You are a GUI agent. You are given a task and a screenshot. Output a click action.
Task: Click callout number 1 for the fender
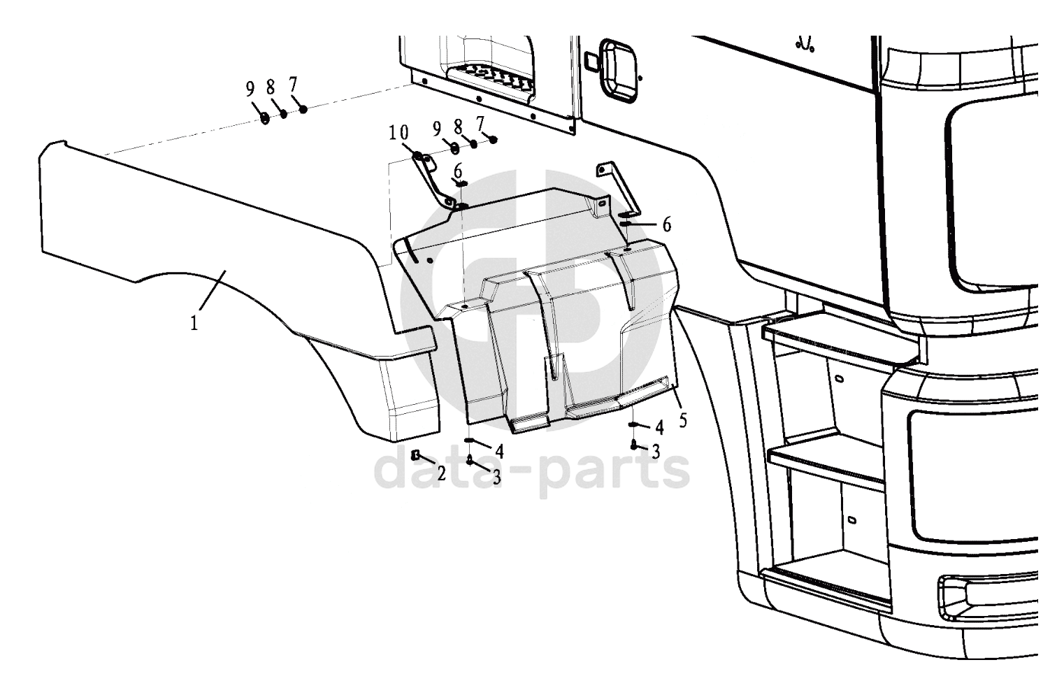coord(194,324)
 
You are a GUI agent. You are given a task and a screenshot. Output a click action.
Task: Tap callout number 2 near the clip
coord(441,473)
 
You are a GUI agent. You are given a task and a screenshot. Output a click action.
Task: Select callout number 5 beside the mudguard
coord(683,420)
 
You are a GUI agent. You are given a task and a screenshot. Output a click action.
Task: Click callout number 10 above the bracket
coord(398,134)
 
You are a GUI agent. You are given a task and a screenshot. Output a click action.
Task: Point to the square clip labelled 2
coord(415,455)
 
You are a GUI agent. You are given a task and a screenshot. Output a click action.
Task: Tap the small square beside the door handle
coord(591,62)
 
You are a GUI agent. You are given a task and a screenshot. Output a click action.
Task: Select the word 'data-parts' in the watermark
coord(532,471)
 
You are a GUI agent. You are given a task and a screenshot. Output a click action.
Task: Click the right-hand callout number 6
coord(667,224)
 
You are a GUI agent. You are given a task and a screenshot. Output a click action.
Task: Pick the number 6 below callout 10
coord(458,171)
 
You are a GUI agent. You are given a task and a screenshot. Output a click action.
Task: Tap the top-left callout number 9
coord(250,89)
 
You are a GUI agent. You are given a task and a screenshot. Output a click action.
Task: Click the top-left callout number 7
coord(293,85)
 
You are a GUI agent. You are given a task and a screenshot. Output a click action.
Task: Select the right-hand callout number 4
coord(659,427)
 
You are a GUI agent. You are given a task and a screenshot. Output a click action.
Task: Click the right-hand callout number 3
coord(656,451)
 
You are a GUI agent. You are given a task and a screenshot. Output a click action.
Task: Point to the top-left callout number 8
coord(271,87)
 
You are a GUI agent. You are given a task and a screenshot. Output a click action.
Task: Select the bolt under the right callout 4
coord(633,445)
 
